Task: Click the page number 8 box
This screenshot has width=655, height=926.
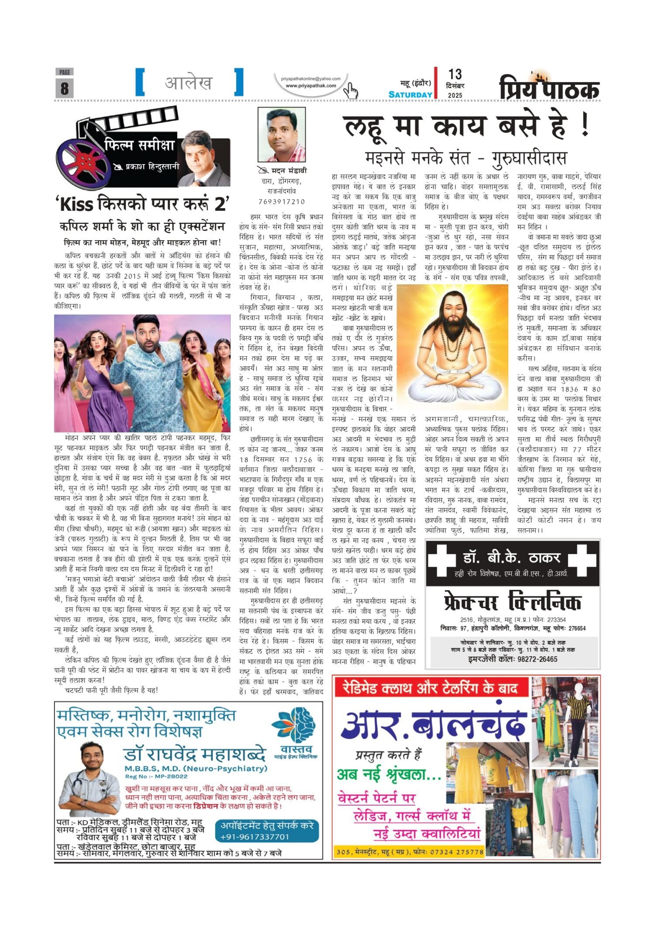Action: (64, 88)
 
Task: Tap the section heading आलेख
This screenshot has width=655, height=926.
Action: (189, 82)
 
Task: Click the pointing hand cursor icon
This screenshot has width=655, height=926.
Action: (350, 90)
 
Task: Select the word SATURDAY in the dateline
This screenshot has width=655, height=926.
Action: (410, 94)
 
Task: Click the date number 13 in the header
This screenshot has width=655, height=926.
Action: (455, 74)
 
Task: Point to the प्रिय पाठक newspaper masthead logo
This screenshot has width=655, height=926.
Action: (549, 87)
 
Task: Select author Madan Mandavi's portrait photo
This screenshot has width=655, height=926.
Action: (281, 134)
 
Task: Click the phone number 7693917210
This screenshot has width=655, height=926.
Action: (281, 201)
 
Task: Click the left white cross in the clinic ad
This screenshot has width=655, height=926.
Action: (442, 561)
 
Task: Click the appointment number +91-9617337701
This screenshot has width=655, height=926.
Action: (255, 836)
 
